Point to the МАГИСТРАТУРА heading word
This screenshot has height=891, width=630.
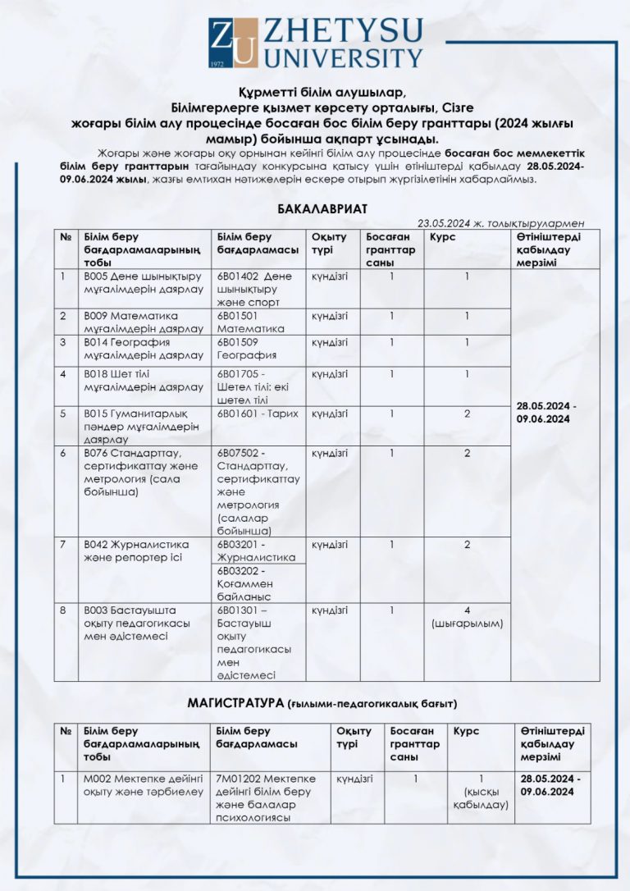click(x=235, y=702)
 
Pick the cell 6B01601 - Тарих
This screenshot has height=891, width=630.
click(x=258, y=414)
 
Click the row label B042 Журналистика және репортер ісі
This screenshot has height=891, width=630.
click(x=136, y=551)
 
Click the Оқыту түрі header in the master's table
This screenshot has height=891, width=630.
click(x=354, y=738)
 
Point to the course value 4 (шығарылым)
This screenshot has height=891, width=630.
click(x=467, y=616)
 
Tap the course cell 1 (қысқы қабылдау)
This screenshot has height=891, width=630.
click(x=481, y=792)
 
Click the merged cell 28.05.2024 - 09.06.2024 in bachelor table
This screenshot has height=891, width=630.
click(x=547, y=413)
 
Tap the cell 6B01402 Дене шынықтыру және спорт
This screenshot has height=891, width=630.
click(x=254, y=289)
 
